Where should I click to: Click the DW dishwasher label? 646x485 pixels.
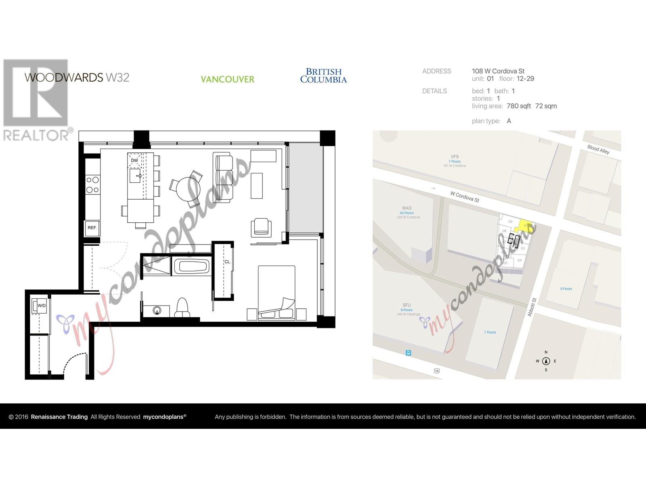tap(134, 160)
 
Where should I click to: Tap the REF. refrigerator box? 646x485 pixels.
tap(92, 228)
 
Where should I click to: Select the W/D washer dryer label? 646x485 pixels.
tap(41, 306)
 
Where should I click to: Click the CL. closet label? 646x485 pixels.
tap(227, 262)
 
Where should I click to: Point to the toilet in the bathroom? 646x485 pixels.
tap(182, 308)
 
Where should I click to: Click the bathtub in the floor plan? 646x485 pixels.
tap(191, 267)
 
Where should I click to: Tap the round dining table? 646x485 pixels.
tap(188, 189)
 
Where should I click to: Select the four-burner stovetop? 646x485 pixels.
tap(92, 185)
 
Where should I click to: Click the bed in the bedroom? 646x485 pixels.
tap(276, 292)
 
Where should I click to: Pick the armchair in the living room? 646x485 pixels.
tap(261, 227)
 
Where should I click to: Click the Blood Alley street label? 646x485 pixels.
tap(598, 150)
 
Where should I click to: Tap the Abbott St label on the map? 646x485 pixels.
tap(532, 307)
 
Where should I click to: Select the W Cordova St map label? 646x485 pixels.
tap(465, 197)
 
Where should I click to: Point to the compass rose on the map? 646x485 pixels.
tap(546, 361)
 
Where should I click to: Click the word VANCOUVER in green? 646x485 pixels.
tap(227, 79)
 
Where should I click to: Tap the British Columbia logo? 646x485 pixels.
tap(323, 76)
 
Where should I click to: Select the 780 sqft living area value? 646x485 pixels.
tap(519, 106)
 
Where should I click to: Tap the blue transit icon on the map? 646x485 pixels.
tap(409, 353)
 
